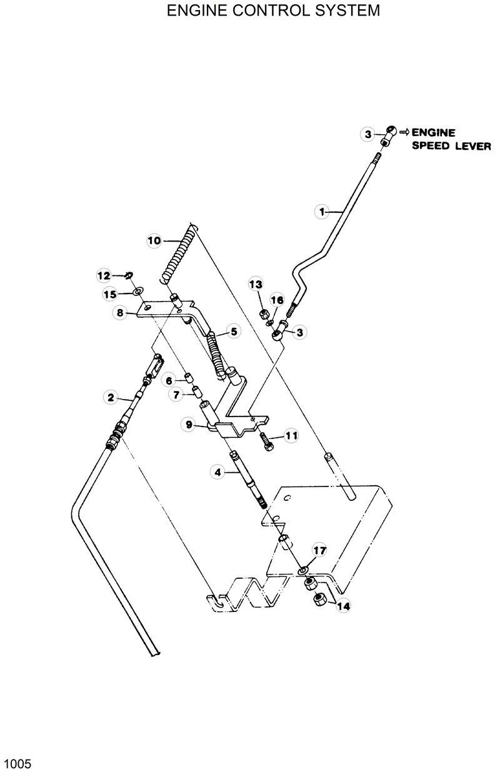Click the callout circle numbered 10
tap(154, 240)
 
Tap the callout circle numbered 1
tap(322, 212)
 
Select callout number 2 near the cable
tap(111, 396)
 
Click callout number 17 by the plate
tap(319, 550)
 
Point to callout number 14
tap(343, 605)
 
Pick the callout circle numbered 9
tap(188, 425)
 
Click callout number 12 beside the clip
tap(104, 275)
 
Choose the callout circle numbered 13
tap(255, 284)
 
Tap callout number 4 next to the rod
tap(218, 473)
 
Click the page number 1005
tap(17, 763)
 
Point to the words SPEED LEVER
tap(449, 147)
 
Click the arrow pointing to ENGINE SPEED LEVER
tap(404, 132)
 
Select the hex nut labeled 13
tap(264, 312)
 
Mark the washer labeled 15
tap(137, 291)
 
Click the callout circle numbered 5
tap(233, 332)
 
